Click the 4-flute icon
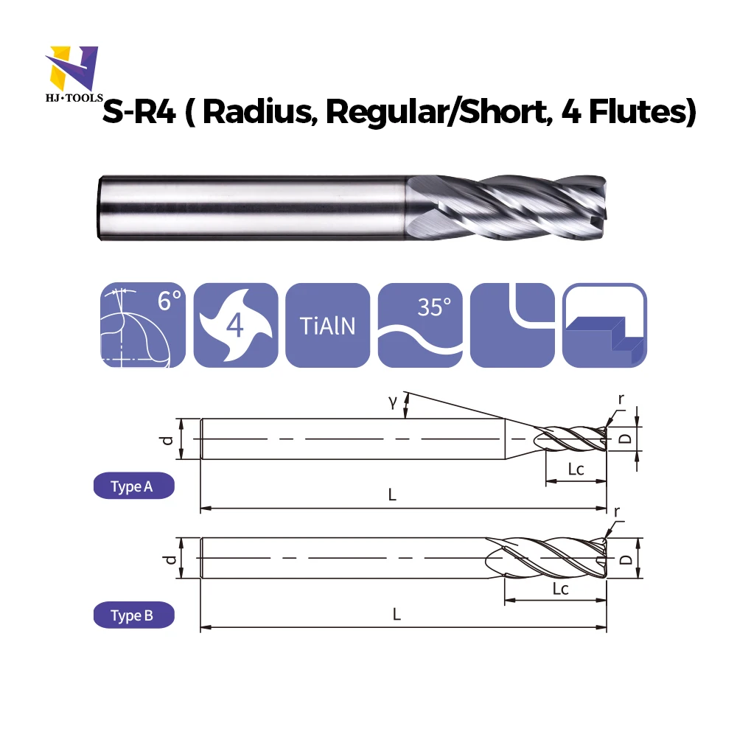pos(235,324)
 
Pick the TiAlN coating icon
pos(327,324)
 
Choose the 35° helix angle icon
pos(419,324)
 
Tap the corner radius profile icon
pos(512,324)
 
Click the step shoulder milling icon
pos(604,324)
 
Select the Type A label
pos(133,487)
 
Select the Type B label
pos(133,615)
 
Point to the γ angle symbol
pos(393,402)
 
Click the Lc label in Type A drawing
pos(576,469)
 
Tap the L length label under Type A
pos(393,495)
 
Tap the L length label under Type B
pos(397,615)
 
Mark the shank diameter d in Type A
pos(169,439)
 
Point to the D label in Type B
pos(626,559)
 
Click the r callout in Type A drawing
pos(621,399)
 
